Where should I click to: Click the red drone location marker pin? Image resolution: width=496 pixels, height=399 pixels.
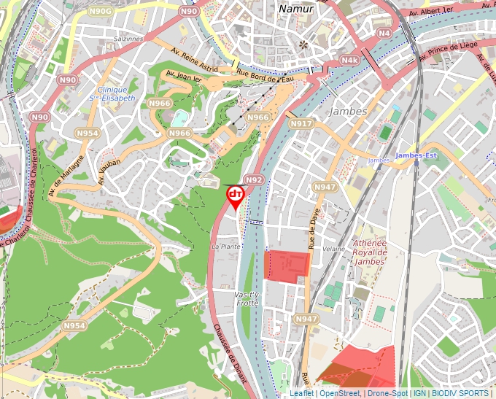[236, 196]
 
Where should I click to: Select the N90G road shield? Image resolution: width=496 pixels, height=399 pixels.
[102, 12]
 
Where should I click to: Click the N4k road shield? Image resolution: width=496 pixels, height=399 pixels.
[350, 60]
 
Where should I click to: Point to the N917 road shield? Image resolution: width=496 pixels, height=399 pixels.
[301, 124]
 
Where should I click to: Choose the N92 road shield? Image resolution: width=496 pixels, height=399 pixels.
[253, 179]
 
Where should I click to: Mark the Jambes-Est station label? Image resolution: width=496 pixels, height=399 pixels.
[416, 155]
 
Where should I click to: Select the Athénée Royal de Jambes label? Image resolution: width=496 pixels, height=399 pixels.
[368, 252]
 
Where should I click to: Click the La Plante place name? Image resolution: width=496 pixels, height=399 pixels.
[225, 247]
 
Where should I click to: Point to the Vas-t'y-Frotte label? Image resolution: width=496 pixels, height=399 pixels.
[247, 298]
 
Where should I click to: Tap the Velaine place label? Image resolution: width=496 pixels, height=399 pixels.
[333, 249]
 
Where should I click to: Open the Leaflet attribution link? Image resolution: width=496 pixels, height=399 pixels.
[301, 393]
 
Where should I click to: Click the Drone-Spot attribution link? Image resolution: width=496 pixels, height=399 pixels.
[387, 393]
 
